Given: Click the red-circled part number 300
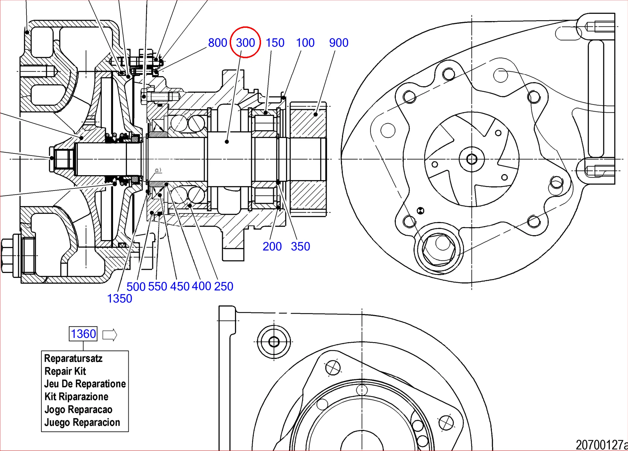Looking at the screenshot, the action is (x=245, y=43).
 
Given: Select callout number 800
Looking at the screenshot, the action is (x=218, y=43).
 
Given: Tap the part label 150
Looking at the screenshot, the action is (x=275, y=43).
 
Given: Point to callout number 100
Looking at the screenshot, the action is (x=305, y=43).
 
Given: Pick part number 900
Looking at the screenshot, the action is (x=339, y=43).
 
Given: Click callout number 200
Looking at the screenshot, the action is (x=272, y=247).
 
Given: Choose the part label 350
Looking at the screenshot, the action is (x=301, y=247).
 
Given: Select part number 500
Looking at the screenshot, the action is (x=136, y=287).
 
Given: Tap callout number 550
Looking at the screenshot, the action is (x=158, y=287).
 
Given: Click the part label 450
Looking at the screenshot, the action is (x=180, y=287).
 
